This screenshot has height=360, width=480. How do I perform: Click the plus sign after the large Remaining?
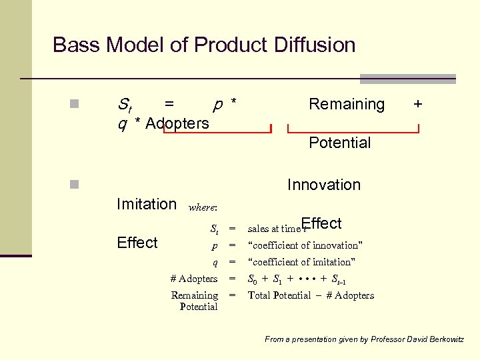click(417, 104)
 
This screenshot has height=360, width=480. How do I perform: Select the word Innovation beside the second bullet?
click(323, 185)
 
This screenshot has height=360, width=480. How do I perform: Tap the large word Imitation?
click(147, 204)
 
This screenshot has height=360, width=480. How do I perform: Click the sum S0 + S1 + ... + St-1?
click(297, 279)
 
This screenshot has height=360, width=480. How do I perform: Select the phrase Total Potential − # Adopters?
click(311, 295)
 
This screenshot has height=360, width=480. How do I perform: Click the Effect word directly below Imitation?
click(137, 243)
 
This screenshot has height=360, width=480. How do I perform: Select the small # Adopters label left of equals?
click(194, 279)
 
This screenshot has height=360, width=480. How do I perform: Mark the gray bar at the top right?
click(407, 79)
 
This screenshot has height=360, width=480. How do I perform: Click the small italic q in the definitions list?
click(215, 262)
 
